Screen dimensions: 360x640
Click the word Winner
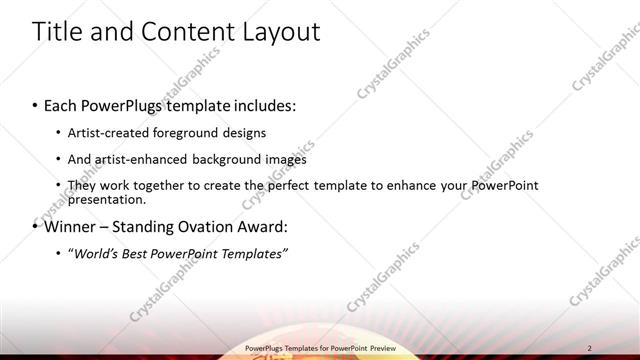click(x=71, y=226)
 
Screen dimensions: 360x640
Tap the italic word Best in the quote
click(x=141, y=253)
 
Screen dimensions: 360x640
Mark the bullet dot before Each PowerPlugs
click(x=35, y=105)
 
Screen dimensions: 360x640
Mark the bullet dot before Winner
click(x=35, y=226)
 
